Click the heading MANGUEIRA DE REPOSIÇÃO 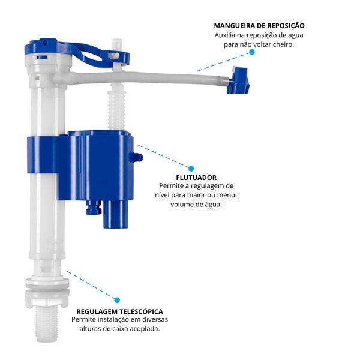[x=259, y=25]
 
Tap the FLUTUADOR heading [x=196, y=178]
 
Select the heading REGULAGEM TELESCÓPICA [x=119, y=311]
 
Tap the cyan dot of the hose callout [x=252, y=52]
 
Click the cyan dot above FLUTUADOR [x=191, y=169]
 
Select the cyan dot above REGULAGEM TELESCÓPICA [x=117, y=300]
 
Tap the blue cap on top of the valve [x=44, y=47]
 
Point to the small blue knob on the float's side [x=136, y=157]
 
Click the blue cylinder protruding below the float [x=116, y=214]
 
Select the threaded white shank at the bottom [x=47, y=324]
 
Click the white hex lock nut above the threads [x=47, y=298]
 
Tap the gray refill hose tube [x=147, y=78]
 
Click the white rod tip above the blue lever [x=117, y=44]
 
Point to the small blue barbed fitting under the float [x=94, y=208]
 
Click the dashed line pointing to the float [x=164, y=156]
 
